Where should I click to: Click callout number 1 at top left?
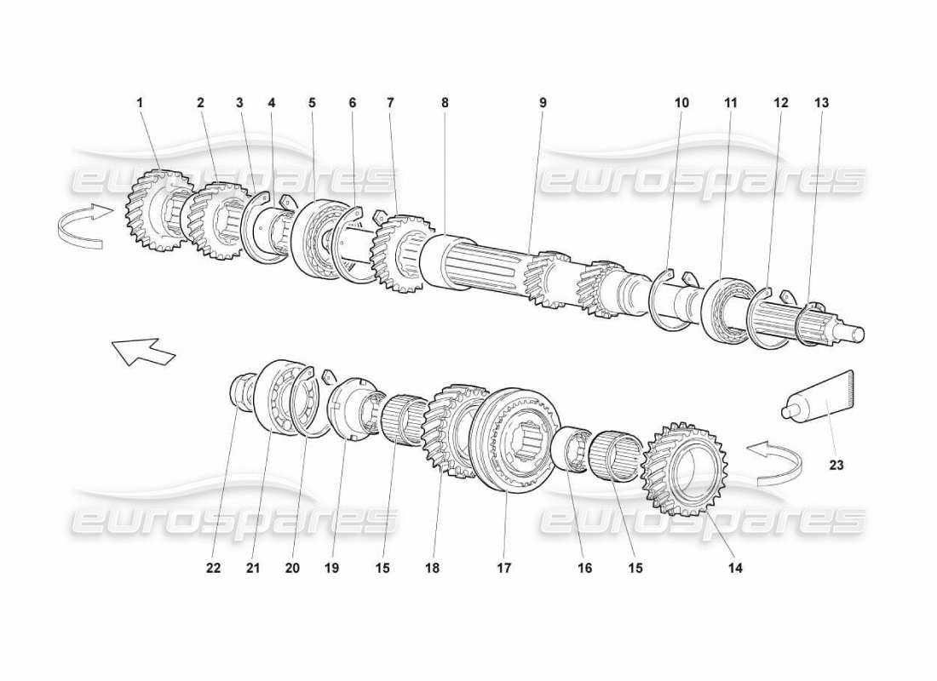(141, 102)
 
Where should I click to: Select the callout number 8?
(445, 102)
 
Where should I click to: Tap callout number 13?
(821, 102)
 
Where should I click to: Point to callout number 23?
(836, 465)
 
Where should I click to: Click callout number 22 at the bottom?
(213, 568)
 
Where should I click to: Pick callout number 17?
(504, 568)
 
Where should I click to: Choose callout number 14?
(735, 568)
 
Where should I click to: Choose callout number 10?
(681, 102)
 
